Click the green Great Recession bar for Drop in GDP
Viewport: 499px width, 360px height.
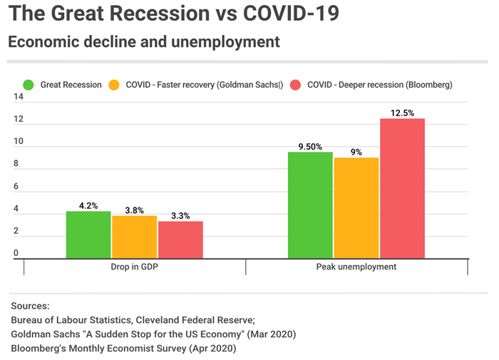(88, 235)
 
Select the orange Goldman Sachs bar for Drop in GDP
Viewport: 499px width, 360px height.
(134, 237)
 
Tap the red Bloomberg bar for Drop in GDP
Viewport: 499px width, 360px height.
(180, 240)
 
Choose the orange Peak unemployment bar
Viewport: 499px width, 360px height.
(356, 208)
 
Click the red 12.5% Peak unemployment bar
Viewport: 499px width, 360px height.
(402, 189)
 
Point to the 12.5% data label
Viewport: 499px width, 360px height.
(402, 113)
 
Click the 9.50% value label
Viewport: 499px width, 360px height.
(310, 146)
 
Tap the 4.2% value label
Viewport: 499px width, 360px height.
(88, 205)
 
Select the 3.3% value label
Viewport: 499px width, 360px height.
(180, 215)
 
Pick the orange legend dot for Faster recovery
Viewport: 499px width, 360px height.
(114, 85)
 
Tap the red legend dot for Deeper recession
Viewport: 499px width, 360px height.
(296, 85)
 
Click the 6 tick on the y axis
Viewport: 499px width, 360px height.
(16, 187)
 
